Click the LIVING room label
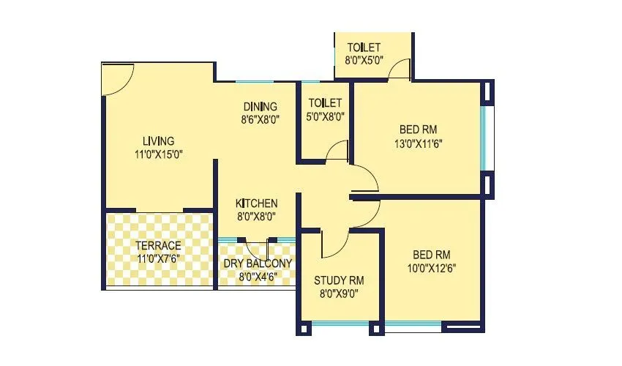coord(158,141)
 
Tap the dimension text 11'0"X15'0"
coord(158,154)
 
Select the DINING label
coord(260,106)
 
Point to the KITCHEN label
coord(256,203)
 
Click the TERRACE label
coord(158,245)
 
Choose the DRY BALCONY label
coord(256,264)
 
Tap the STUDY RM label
coord(339,280)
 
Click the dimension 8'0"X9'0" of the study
coord(339,294)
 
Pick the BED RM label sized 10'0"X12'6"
coord(431,255)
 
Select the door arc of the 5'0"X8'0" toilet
coord(337,149)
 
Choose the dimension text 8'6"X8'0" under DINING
coord(260,119)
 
